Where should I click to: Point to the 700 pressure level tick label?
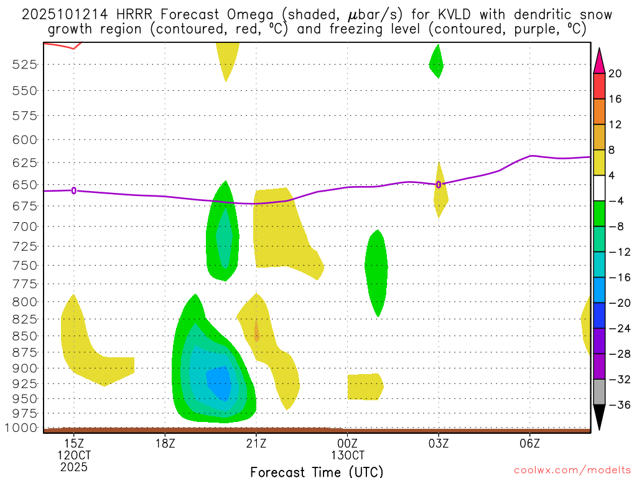click(26, 226)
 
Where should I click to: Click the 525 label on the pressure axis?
click(26, 64)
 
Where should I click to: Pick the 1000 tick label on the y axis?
click(23, 428)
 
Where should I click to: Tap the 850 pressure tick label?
click(26, 335)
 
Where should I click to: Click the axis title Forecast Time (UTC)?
click(317, 471)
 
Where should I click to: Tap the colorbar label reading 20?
click(615, 73)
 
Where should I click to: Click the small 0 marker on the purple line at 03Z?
click(439, 184)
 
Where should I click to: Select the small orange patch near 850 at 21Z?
click(256, 332)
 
